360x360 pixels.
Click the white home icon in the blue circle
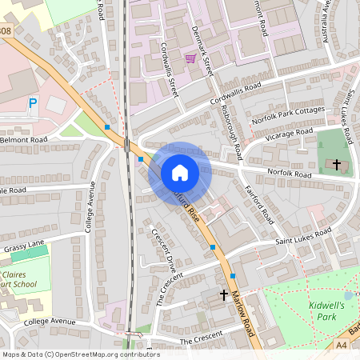coord(180,173)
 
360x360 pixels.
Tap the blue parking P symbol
coord(33,103)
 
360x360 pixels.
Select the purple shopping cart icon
coord(190,58)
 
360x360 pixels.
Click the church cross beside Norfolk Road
coord(337,165)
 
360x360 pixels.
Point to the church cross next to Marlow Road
coord(224,295)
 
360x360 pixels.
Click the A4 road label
coord(341,345)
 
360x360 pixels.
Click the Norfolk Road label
coord(288,173)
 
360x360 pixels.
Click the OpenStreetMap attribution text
coord(70,354)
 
